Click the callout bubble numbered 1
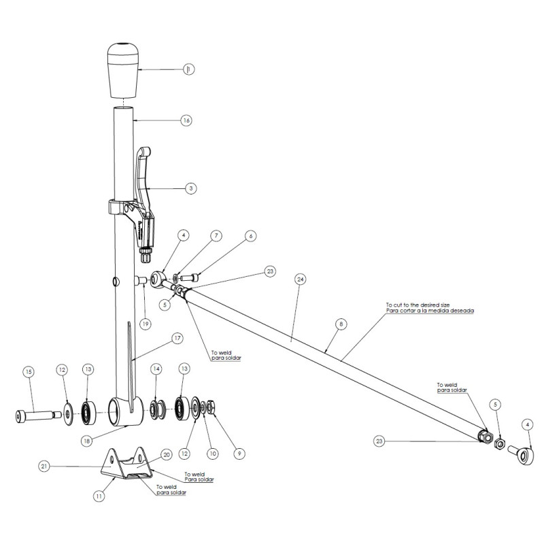(188, 69)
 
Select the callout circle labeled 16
(186, 120)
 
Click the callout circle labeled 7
(216, 236)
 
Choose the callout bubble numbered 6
(251, 235)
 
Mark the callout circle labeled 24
(301, 279)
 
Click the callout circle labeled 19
(145, 324)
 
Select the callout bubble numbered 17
(177, 337)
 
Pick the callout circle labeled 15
(28, 372)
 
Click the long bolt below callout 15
(31, 414)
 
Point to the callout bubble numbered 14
(156, 369)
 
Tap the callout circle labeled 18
(87, 441)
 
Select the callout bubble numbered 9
(237, 449)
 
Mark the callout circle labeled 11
(99, 496)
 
